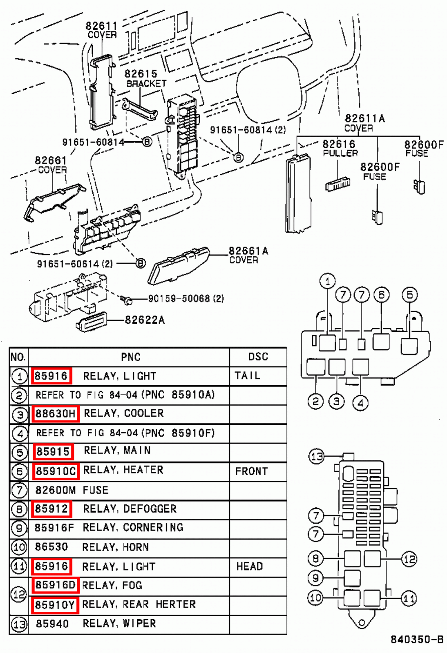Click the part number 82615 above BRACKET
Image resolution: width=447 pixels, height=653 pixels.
[x=141, y=74]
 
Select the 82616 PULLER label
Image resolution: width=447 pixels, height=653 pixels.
[x=340, y=148]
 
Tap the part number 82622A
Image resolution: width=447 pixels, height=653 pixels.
[x=145, y=320]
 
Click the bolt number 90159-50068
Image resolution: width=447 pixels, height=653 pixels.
[x=179, y=298]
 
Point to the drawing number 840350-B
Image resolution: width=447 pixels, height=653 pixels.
[x=417, y=639]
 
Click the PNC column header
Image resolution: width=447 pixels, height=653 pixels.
[x=131, y=357]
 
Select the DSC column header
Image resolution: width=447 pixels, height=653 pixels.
[x=258, y=357]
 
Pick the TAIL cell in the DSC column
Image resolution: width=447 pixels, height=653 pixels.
[x=247, y=375]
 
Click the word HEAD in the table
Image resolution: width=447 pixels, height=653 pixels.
[x=250, y=566]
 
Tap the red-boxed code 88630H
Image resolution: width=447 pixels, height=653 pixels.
[x=55, y=413]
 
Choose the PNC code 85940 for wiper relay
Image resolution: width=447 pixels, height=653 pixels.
[x=52, y=624]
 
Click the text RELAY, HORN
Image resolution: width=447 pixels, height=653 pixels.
[x=116, y=547]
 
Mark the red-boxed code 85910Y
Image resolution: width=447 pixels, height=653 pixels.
[x=55, y=605]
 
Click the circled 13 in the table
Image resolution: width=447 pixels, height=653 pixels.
[x=19, y=624]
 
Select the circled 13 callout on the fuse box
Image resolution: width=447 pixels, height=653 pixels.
[x=317, y=456]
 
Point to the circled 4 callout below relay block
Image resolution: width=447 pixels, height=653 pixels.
[x=360, y=403]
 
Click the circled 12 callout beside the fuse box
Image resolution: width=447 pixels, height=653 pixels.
[x=409, y=559]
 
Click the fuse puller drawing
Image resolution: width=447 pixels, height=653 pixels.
[x=338, y=184]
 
